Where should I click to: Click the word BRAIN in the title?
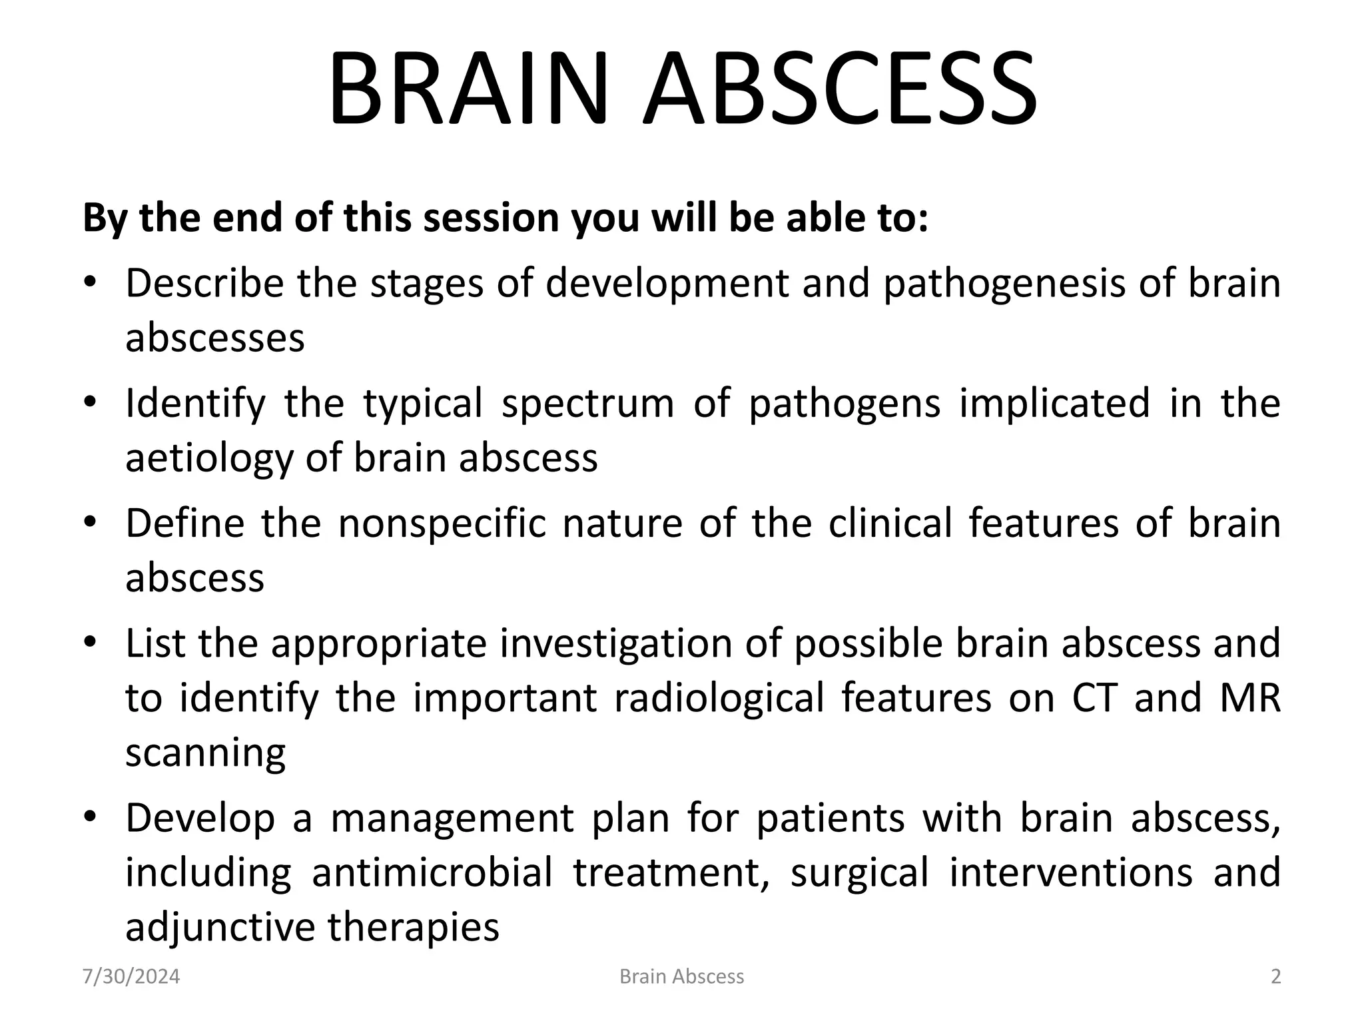coord(468,89)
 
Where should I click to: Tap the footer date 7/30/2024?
coord(131,976)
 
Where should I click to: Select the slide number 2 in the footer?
coord(1275,976)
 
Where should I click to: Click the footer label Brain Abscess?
coord(681,976)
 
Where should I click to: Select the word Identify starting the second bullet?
coord(195,404)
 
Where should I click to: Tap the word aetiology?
coord(208,459)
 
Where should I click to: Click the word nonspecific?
coord(442,523)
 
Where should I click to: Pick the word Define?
coord(184,523)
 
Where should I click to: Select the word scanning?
coord(205,754)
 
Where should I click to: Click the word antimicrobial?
coord(432,873)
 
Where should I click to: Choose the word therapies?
coord(413,928)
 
